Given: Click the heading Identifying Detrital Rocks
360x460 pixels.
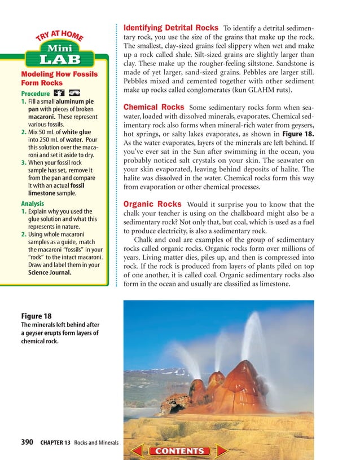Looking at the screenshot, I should coord(170,28).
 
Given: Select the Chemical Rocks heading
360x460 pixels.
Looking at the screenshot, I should coord(153,107).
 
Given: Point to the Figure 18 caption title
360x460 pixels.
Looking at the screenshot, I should coord(36,316).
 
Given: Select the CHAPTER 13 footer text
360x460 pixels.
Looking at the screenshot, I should coord(55,443).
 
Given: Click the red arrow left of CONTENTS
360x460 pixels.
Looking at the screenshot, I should coord(138,450).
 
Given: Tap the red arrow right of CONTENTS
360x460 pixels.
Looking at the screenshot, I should coord(222,450).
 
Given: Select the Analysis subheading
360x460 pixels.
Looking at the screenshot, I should coord(32,203).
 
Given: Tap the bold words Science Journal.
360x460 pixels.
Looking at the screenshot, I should coord(50,272).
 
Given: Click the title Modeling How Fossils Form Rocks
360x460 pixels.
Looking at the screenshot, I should coord(59,78).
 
